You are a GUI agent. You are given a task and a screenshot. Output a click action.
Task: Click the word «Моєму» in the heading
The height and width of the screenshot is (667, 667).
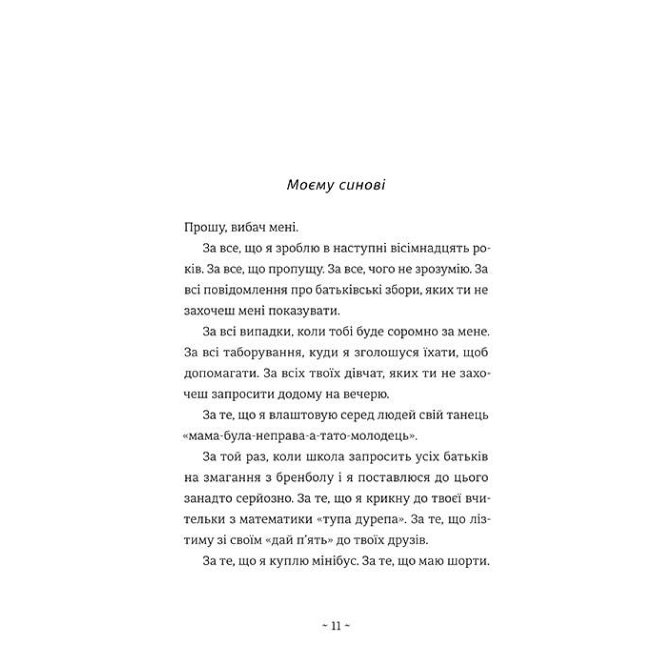point(309,185)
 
